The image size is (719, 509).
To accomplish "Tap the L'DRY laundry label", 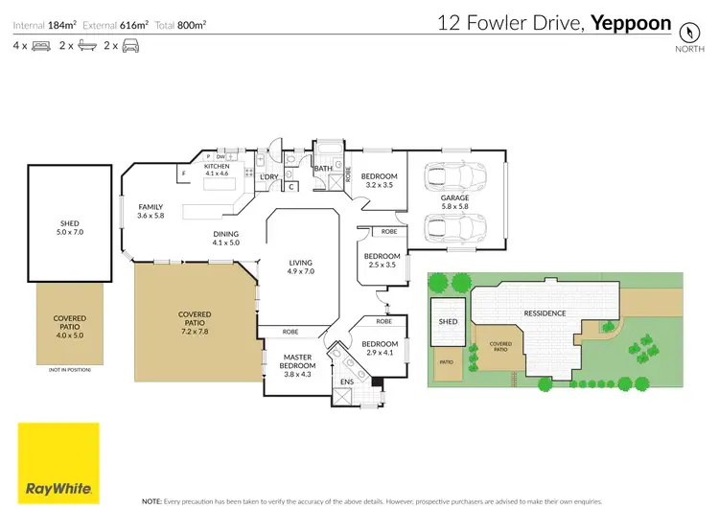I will [x=269, y=176].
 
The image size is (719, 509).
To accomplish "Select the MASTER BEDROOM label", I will [x=296, y=359].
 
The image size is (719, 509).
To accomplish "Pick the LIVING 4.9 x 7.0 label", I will [x=301, y=267].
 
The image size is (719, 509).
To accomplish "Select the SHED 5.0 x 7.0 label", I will [x=70, y=227].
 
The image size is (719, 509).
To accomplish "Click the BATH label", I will [x=323, y=169].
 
